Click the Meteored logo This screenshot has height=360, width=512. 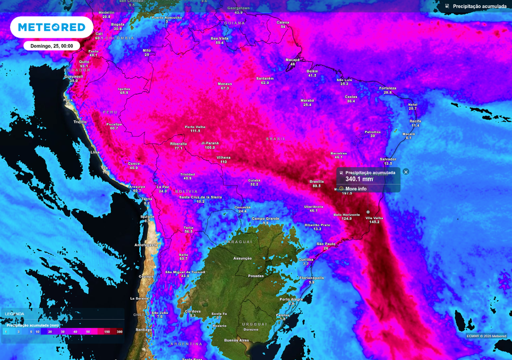[52, 27]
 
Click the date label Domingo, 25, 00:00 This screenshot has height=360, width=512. [52, 46]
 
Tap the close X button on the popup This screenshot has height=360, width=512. [406, 172]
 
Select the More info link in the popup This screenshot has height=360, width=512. [355, 188]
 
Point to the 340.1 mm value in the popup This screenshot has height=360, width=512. [359, 179]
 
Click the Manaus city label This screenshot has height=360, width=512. [225, 84]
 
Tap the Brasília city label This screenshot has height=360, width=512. [317, 182]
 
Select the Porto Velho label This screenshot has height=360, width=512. [195, 127]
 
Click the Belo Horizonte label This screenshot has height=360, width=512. [346, 215]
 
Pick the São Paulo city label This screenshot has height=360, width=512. [326, 244]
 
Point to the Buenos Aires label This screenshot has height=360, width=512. [236, 340]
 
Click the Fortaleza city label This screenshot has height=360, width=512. [388, 88]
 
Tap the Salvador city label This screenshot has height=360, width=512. [388, 159]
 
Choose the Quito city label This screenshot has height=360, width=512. [84, 62]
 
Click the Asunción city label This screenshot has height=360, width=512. [243, 258]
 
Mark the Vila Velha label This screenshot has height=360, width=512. [374, 218]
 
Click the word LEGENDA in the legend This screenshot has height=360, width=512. [14, 314]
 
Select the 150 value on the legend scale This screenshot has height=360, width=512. [107, 332]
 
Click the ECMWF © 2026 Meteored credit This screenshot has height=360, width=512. [486, 336]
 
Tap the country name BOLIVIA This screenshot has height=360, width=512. [186, 191]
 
